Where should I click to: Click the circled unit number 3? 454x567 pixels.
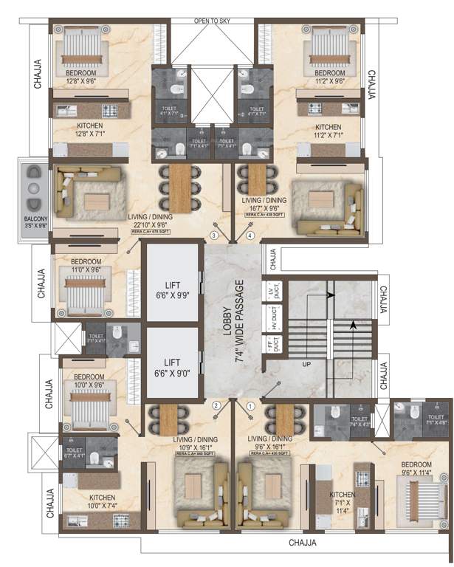215,236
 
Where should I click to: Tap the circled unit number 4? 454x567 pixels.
250,236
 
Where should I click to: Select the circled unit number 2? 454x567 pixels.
216,405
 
